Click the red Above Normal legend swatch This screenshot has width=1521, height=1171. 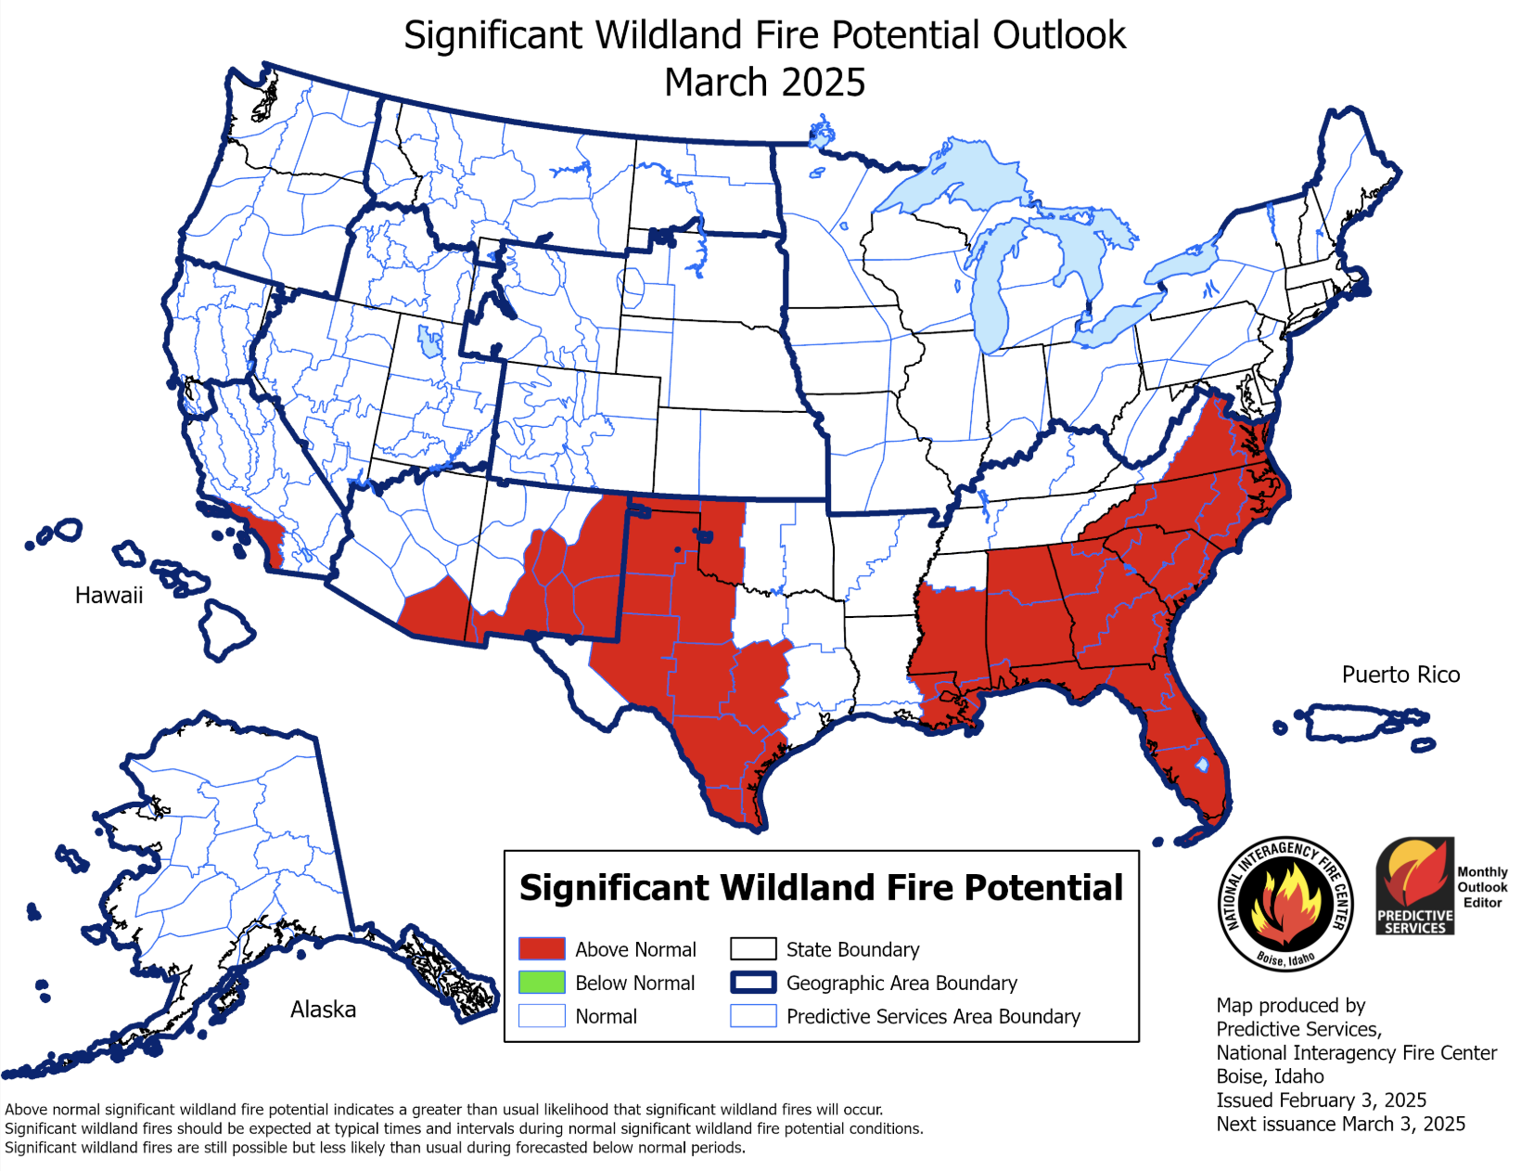(542, 948)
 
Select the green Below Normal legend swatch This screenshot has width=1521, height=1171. (542, 982)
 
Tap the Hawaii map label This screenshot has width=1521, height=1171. (109, 596)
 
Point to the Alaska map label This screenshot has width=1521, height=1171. (323, 1010)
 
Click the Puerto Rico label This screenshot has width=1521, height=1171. (1400, 675)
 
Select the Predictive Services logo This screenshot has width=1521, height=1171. (1414, 886)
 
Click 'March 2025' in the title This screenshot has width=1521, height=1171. (764, 83)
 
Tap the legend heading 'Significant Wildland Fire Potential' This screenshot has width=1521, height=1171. (821, 888)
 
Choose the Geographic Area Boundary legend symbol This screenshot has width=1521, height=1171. (752, 982)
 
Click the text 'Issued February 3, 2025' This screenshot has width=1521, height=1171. (1321, 1100)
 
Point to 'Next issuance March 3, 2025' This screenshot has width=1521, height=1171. (1340, 1124)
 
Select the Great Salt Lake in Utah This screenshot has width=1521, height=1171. (429, 341)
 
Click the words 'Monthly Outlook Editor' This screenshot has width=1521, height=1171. (1482, 887)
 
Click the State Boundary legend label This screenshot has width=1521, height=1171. (852, 949)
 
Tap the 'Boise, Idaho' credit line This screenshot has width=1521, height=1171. (1270, 1076)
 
